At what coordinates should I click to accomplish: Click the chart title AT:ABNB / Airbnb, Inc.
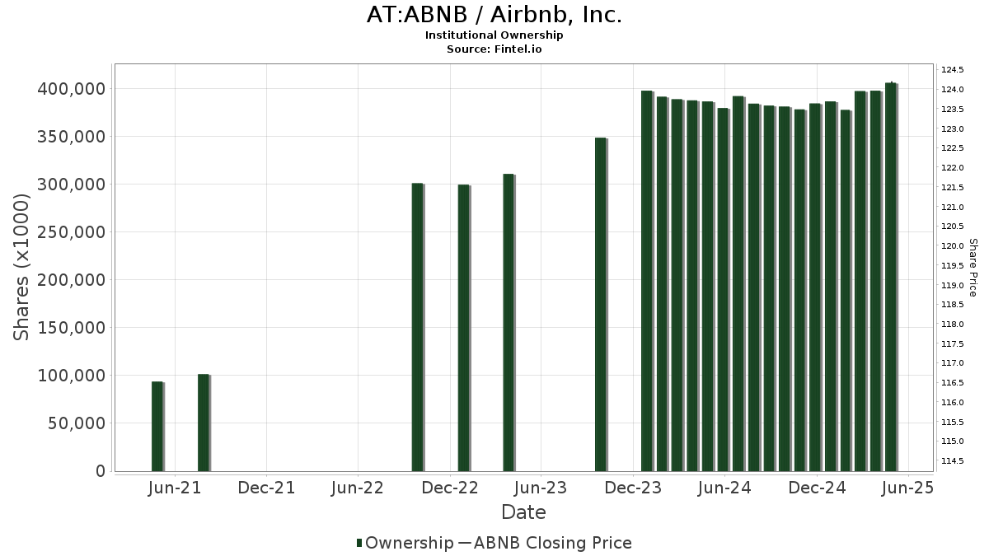coord(494,15)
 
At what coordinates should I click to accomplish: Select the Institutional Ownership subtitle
coord(494,35)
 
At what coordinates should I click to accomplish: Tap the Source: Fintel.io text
coord(494,49)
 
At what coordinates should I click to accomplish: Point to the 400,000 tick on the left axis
coord(72,89)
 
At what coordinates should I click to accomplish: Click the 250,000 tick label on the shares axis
coord(72,232)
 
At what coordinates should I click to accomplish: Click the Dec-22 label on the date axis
coord(450,488)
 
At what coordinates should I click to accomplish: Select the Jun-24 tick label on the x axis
coord(724,488)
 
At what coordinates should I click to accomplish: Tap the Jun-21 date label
coord(175,488)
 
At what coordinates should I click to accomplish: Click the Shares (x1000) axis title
coord(22,267)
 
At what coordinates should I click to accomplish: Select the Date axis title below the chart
coord(523,512)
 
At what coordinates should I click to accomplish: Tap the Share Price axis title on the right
coord(973,267)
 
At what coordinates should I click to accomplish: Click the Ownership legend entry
coord(405,543)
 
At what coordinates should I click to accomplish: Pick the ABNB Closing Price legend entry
coord(545,543)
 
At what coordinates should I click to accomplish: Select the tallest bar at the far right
coord(891,277)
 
